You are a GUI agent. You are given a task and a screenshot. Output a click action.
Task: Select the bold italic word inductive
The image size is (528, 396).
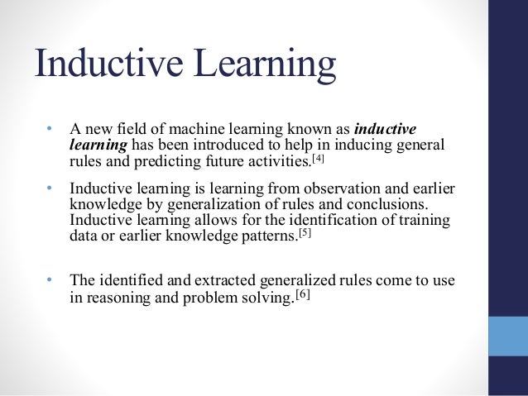coord(385,129)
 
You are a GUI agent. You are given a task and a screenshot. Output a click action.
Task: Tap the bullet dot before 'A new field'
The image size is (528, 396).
coord(49,129)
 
